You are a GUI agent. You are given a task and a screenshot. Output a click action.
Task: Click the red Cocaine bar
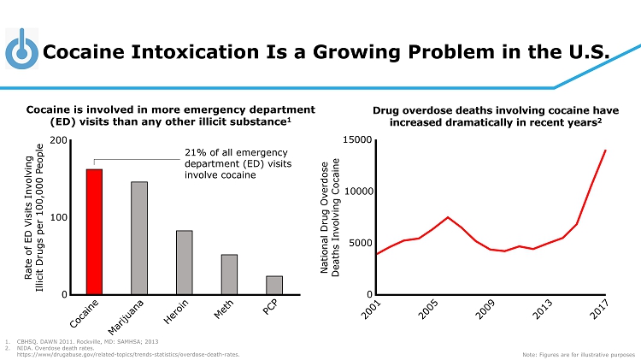pyautogui.click(x=94, y=232)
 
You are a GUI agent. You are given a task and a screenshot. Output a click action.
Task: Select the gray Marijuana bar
pyautogui.click(x=139, y=238)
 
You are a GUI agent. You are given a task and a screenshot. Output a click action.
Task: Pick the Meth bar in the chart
pyautogui.click(x=229, y=274)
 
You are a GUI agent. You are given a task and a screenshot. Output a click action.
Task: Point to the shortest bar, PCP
pyautogui.click(x=273, y=285)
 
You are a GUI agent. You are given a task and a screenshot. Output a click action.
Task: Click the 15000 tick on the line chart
pyautogui.click(x=356, y=140)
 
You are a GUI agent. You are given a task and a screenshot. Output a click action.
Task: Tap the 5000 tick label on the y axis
pyautogui.click(x=359, y=244)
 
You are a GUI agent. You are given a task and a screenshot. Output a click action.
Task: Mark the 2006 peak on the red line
pyautogui.click(x=448, y=217)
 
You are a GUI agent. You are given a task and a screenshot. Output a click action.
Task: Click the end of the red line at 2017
pyautogui.click(x=605, y=150)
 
